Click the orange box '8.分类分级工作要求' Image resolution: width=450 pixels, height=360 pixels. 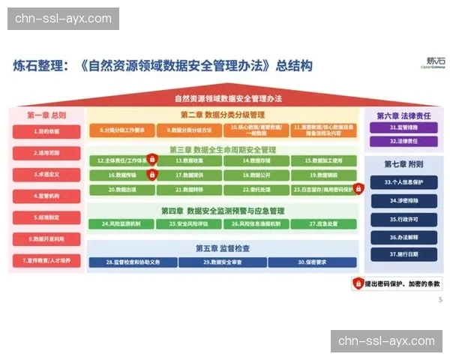[x=121, y=130]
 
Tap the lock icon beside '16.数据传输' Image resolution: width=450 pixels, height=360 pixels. [x=152, y=175]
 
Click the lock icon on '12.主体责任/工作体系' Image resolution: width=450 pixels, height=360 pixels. [x=152, y=160]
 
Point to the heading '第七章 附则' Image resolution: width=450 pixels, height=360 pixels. [x=404, y=163]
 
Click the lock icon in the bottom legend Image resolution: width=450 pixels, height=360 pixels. [x=359, y=283]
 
